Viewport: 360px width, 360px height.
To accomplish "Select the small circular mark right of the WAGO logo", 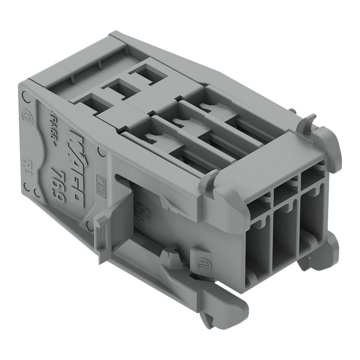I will (x=102, y=152).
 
